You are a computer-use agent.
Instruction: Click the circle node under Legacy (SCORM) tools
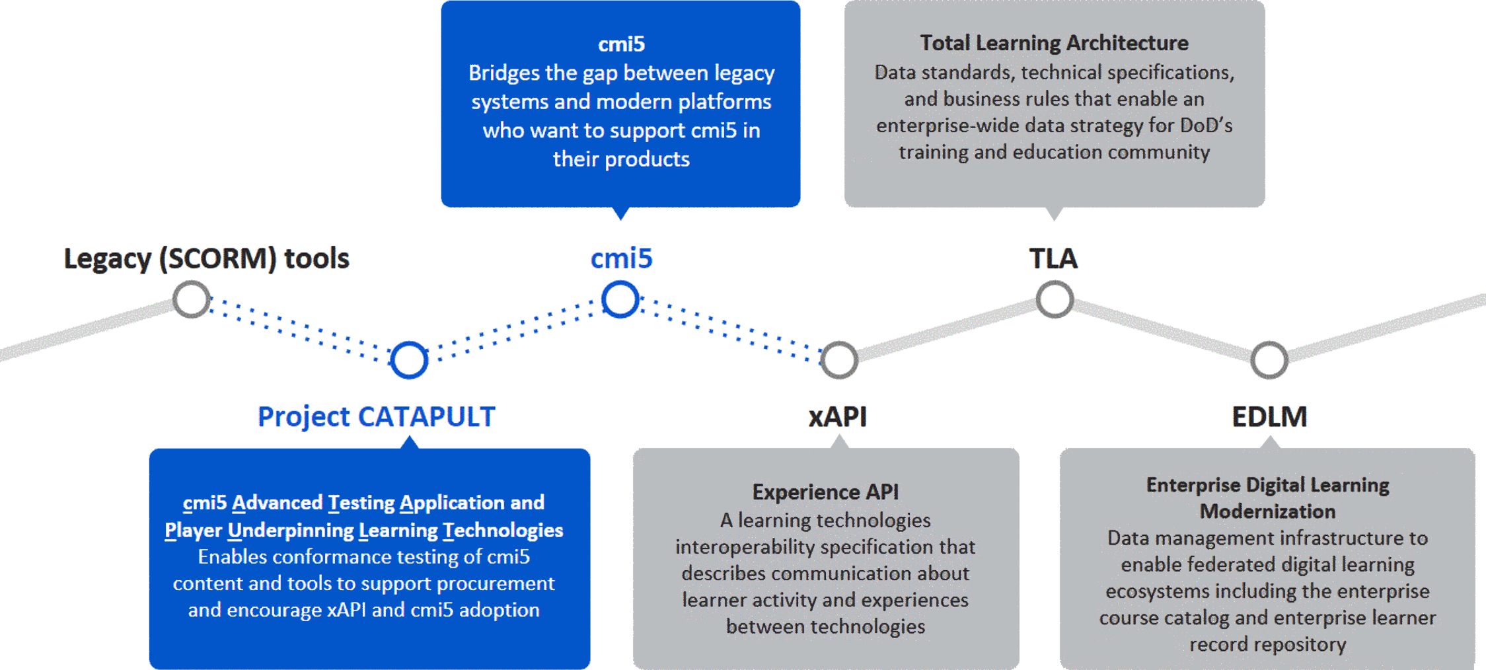192,299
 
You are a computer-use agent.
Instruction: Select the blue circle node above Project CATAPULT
409,360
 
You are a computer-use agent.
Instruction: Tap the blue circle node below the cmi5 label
620,299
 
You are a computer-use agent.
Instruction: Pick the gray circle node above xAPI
839,360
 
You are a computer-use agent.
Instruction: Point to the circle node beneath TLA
1055,299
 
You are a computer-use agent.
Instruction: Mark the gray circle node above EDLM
1269,360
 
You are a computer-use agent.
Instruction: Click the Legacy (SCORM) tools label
206,258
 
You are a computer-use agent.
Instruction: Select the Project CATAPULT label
376,416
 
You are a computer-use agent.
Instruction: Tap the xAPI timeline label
837,416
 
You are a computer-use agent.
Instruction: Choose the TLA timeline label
1053,258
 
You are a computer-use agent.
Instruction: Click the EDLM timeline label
1269,416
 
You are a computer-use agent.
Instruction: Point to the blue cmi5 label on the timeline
621,258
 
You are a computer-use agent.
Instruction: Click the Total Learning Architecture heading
1054,43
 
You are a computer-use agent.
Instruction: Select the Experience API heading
825,492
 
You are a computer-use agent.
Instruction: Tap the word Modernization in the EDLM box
1267,511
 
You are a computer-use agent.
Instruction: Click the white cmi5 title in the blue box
621,44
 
